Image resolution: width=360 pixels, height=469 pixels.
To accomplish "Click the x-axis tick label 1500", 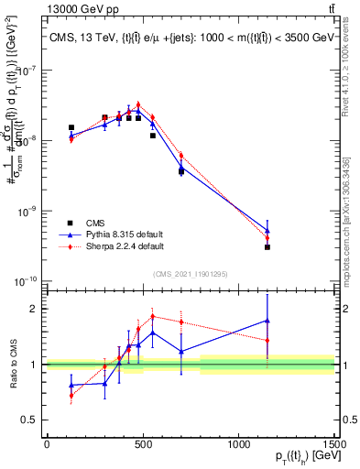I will pyautogui.click(x=333, y=444).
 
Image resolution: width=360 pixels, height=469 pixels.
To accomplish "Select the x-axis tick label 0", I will pyautogui.click(x=47, y=444).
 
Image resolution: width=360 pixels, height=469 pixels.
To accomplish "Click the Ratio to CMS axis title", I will pyautogui.click(x=13, y=364).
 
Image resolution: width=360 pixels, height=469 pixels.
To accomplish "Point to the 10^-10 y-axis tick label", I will pyautogui.click(x=25, y=280).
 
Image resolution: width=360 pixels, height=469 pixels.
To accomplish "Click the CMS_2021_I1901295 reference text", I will pyautogui.click(x=190, y=272).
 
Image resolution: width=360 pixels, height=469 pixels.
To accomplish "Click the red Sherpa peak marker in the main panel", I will pyautogui.click(x=138, y=104).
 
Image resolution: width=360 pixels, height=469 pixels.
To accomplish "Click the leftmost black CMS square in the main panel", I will pyautogui.click(x=71, y=127).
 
